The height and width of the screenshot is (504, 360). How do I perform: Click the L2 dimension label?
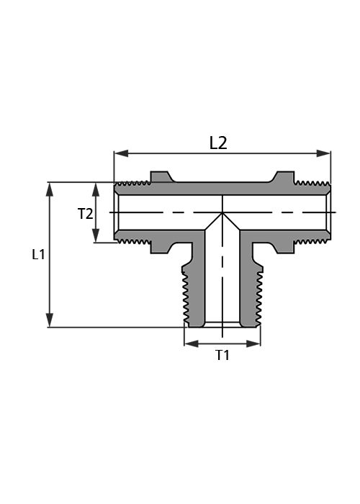coord(218,143)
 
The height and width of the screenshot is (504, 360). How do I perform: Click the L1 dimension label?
coord(38,255)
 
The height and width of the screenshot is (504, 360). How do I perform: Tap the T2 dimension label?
coord(85,214)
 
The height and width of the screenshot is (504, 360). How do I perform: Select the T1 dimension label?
coord(222,355)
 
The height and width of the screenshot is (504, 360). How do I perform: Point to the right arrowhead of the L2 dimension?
coord(323,153)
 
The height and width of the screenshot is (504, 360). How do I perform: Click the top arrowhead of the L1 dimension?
coord(49,189)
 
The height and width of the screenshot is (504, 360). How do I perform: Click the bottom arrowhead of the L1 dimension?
coord(49,320)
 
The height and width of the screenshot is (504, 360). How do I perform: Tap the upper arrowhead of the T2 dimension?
coord(96,189)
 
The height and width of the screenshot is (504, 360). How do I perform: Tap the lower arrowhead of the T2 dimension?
coord(96,235)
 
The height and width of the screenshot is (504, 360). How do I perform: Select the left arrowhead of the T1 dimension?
coord(192,344)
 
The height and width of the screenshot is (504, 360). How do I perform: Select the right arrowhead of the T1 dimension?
coord(253,344)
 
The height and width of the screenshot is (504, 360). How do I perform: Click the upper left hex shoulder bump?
coord(162,176)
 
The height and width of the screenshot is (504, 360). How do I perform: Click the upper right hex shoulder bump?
coord(282,176)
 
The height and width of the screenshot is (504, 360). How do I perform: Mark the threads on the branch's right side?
coord(259,297)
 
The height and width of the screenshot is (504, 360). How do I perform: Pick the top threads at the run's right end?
coord(312,184)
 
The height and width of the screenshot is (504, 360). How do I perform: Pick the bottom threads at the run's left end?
coord(133,241)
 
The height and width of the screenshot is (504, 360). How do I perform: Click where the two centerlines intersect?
coord(222,212)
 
